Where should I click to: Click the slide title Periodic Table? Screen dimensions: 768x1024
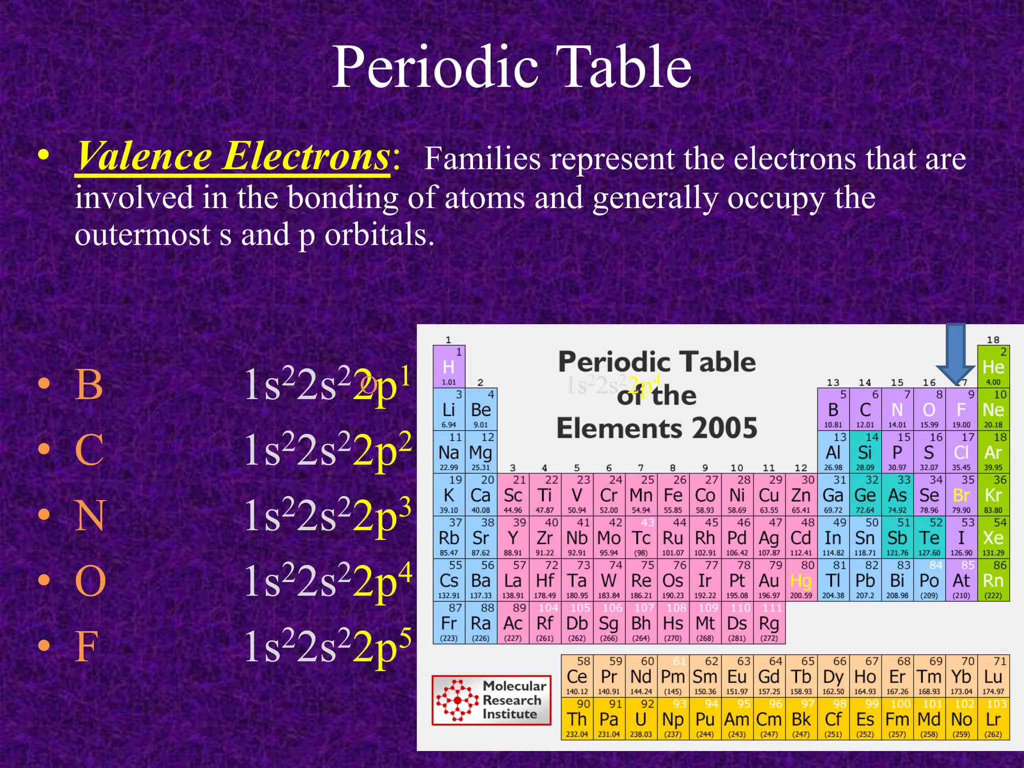(511, 67)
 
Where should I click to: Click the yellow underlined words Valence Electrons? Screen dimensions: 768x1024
(233, 156)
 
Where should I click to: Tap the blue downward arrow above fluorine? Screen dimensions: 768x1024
(955, 352)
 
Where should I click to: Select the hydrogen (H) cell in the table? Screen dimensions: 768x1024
(449, 366)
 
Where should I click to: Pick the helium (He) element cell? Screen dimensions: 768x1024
(993, 366)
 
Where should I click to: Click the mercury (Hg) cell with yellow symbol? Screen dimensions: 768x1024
(801, 580)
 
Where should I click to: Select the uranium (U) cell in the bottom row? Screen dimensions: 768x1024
(641, 719)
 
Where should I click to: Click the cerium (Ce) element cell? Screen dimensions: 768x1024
(577, 676)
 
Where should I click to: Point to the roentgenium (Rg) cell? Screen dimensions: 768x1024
(769, 623)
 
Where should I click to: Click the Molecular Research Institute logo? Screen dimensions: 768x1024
(491, 700)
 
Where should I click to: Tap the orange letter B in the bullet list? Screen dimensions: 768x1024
(89, 385)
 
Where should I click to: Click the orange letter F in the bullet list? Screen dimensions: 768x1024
(86, 646)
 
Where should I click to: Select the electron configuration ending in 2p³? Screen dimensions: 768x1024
(327, 516)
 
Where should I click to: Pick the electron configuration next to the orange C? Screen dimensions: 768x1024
(327, 450)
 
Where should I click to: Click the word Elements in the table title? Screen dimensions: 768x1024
(619, 429)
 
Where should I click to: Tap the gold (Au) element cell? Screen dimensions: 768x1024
(769, 580)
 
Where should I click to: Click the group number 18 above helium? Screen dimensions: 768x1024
(993, 340)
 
